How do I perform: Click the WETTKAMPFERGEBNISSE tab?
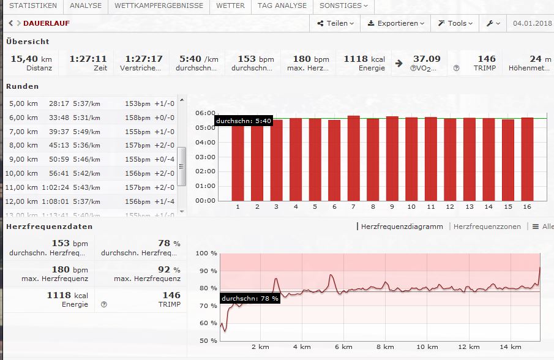point(159,6)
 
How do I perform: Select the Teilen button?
point(336,23)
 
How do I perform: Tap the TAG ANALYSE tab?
point(282,6)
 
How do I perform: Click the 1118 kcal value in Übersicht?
point(364,59)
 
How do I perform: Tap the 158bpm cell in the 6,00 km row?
point(137,118)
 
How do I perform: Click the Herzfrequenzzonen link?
point(487,227)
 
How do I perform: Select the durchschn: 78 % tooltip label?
point(250,298)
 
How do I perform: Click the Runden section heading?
point(23,86)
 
